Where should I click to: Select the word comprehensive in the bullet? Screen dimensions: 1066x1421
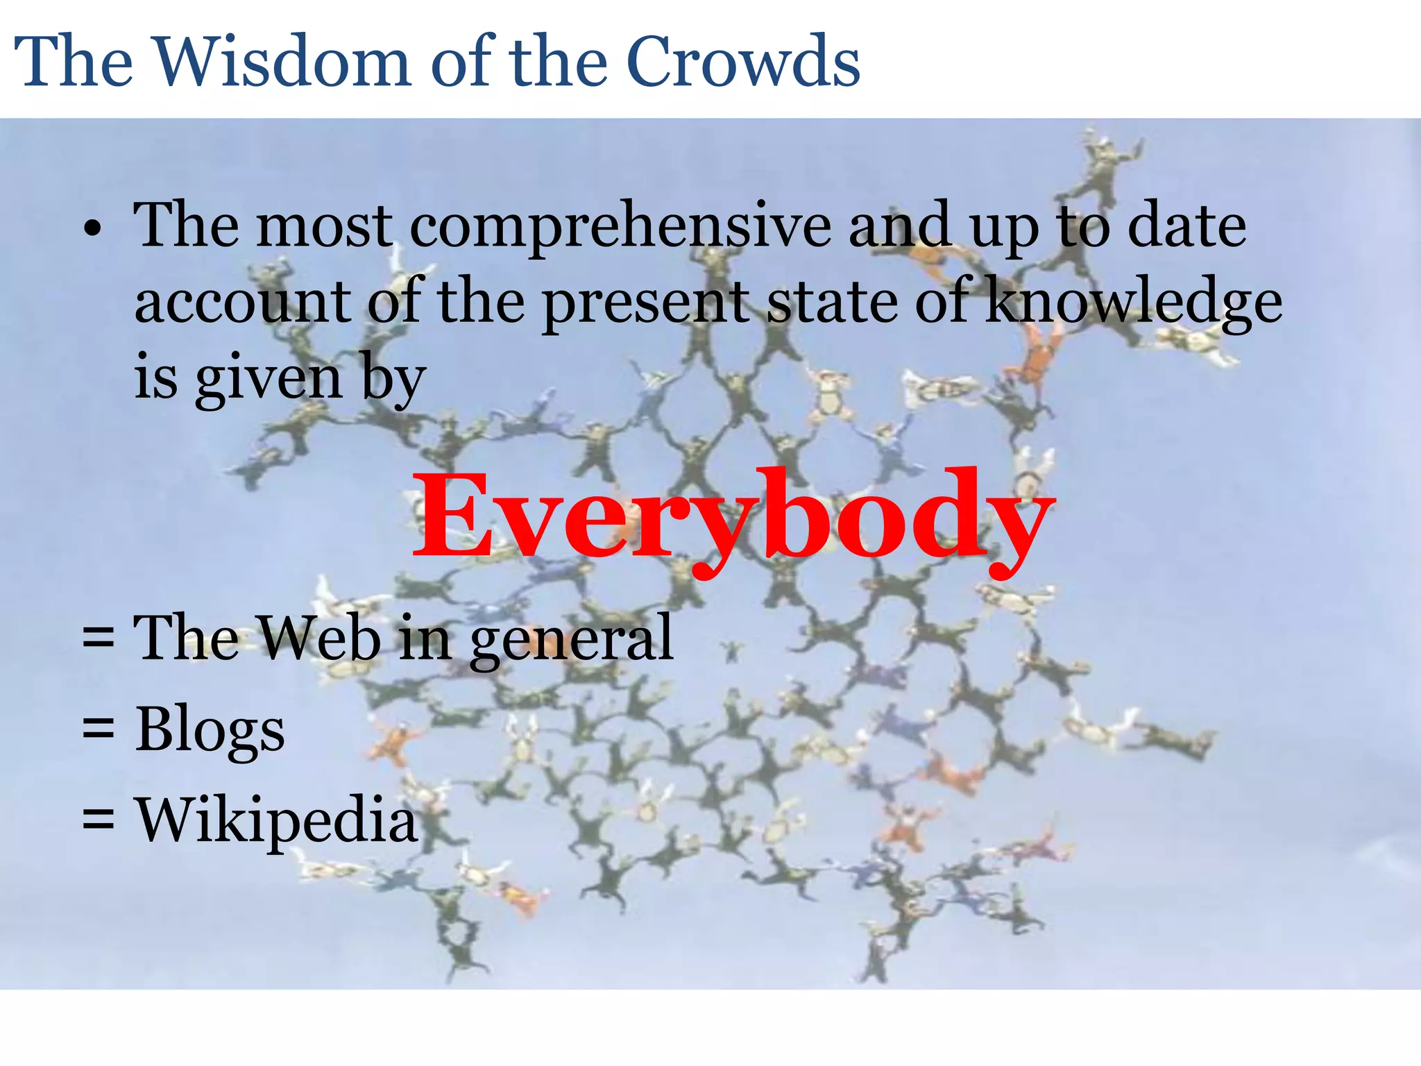tap(620, 226)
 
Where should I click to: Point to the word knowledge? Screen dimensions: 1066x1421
tap(1134, 303)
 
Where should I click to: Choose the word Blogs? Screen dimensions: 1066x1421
tap(210, 730)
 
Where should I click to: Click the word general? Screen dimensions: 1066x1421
tap(571, 638)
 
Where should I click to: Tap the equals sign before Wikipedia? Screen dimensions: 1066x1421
tap(98, 819)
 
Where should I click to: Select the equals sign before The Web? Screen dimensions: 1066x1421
tap(98, 637)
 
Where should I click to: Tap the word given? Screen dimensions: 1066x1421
tap(269, 379)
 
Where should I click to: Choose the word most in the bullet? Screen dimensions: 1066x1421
tap(325, 226)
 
